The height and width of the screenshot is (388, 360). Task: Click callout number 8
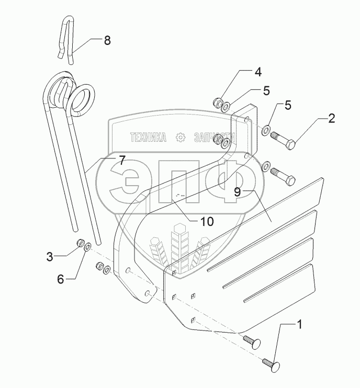tap(107, 41)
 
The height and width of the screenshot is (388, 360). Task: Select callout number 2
tap(331, 119)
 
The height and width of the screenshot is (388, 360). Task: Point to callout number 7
tap(121, 161)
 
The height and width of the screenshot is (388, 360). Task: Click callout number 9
tap(237, 192)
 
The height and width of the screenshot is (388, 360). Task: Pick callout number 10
tap(207, 221)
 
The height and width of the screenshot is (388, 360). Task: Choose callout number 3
tap(50, 257)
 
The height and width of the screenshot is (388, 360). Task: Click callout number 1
tap(300, 325)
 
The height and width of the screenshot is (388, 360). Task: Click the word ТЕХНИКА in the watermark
tap(149, 137)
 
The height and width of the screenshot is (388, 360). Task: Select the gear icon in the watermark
tap(181, 137)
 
